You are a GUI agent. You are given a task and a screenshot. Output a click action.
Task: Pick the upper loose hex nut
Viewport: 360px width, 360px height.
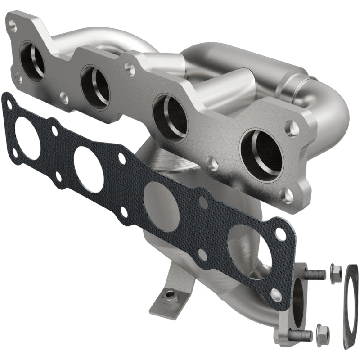(335, 273)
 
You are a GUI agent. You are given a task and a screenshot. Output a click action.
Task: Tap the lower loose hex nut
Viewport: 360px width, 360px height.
(322, 333)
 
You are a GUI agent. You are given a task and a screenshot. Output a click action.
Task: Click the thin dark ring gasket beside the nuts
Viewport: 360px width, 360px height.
(351, 306)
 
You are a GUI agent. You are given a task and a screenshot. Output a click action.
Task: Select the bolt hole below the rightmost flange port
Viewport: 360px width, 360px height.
(286, 195)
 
